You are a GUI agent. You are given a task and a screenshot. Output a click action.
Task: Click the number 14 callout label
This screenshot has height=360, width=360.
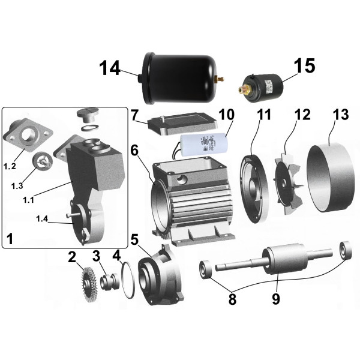[109, 69]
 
